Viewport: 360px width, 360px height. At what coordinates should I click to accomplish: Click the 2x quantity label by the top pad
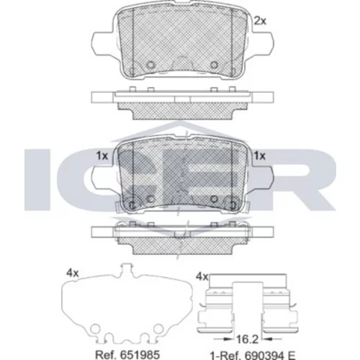click(x=260, y=21)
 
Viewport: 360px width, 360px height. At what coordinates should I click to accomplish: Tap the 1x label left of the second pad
click(x=102, y=156)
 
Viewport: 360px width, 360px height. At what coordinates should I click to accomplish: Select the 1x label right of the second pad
click(x=260, y=156)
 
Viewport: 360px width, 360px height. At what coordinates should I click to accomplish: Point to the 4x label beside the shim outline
click(x=73, y=273)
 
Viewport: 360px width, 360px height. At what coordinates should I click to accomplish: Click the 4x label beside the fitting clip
click(x=202, y=277)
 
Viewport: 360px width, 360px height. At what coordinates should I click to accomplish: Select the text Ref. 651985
click(x=127, y=354)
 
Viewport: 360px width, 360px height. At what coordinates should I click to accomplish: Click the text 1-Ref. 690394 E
click(x=253, y=356)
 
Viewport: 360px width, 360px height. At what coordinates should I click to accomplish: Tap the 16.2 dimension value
click(x=247, y=339)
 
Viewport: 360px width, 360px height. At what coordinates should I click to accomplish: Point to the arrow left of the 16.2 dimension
click(x=223, y=339)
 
